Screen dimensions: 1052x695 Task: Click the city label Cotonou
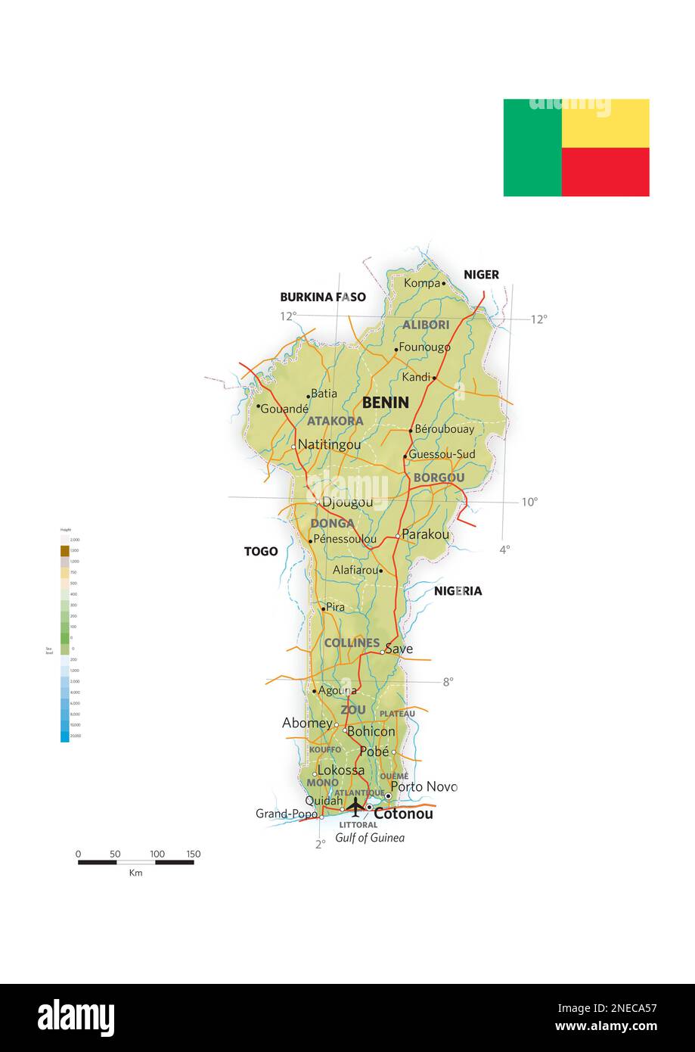click(x=403, y=814)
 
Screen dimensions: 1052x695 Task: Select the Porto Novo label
click(x=424, y=786)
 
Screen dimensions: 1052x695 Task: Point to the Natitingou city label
click(x=329, y=445)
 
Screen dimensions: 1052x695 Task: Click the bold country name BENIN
click(x=385, y=403)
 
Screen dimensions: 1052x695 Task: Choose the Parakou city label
click(x=425, y=534)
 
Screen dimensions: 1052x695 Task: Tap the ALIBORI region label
click(x=426, y=325)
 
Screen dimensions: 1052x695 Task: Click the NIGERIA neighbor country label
click(x=458, y=591)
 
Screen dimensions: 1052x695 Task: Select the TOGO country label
click(x=260, y=552)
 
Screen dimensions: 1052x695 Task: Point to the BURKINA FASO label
click(x=323, y=297)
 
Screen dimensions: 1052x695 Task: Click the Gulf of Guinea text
click(x=370, y=838)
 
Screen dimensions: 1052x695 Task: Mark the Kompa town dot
click(x=444, y=284)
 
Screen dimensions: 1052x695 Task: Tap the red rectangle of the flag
click(x=605, y=172)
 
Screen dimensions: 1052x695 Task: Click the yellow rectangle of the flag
click(x=605, y=123)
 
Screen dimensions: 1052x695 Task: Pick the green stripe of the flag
click(x=532, y=148)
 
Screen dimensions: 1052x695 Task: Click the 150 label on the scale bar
click(x=193, y=854)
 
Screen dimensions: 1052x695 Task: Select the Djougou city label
click(x=347, y=503)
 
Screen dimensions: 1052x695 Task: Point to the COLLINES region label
click(x=352, y=643)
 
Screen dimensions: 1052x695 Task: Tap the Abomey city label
click(x=307, y=724)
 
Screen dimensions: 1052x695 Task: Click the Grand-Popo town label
click(x=287, y=814)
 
